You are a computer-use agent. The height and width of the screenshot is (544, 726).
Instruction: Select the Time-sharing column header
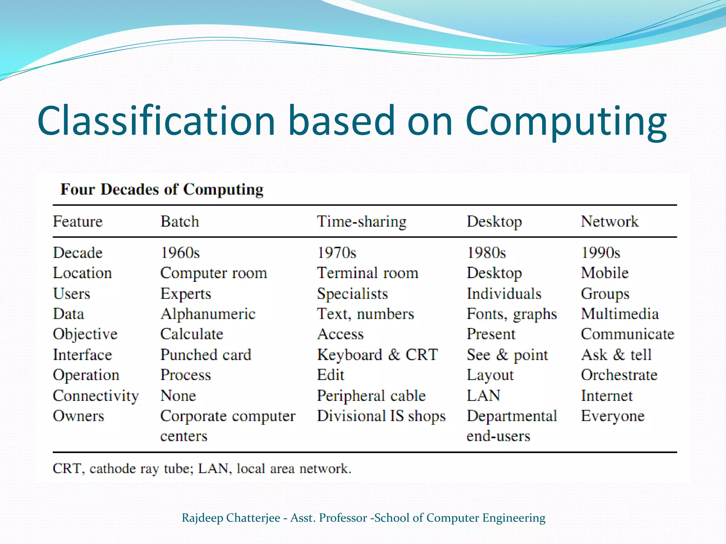pos(361,222)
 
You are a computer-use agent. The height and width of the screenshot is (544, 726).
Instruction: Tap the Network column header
pos(609,222)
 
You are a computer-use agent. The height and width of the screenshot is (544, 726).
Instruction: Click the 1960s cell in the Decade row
pos(180,253)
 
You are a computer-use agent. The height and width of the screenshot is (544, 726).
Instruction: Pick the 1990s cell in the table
pos(601,253)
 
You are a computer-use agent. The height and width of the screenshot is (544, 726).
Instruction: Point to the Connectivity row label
pos(96,396)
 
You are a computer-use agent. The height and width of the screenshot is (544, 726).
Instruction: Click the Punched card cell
pos(206,355)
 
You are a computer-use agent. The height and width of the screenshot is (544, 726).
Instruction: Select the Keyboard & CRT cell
pos(377,355)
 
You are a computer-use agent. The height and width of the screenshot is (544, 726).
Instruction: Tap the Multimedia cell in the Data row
pos(620,314)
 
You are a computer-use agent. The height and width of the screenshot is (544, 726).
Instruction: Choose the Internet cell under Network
pos(607,396)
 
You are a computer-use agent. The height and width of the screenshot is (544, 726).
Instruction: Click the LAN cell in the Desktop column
pos(483,396)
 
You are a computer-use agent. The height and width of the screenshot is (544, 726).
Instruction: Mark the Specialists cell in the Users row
pos(352,294)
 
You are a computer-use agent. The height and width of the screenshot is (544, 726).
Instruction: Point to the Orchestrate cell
pos(619,375)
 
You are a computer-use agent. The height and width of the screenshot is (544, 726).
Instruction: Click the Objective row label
pos(85,334)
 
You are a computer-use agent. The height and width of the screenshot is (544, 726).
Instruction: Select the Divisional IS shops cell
pos(381,416)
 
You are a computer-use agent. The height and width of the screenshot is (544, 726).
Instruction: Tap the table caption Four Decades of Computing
pos(162,189)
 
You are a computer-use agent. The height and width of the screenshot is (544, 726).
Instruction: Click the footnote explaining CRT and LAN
pos(202,469)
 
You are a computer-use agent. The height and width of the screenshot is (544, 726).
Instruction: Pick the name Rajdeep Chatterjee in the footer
pos(231,518)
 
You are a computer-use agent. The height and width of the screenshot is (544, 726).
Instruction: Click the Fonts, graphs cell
pos(512,314)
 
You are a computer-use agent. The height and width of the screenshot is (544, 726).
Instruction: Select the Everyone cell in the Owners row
pos(613,416)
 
